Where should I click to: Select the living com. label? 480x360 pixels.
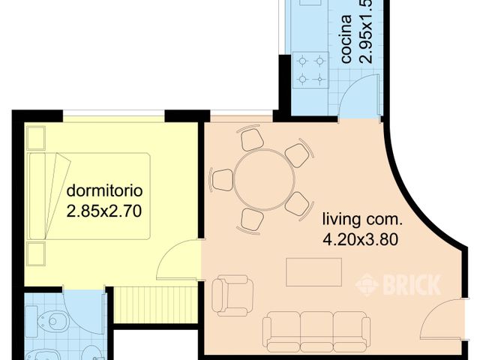(x=362, y=220)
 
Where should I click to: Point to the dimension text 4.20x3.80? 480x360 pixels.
(x=358, y=241)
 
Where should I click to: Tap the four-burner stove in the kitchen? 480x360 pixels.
(x=310, y=69)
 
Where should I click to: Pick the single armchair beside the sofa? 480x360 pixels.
(x=231, y=295)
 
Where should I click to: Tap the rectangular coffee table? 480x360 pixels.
(x=313, y=271)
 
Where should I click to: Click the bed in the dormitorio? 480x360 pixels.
(x=89, y=196)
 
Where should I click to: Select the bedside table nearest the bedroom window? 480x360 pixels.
(x=35, y=137)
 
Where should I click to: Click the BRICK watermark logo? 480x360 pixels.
(x=398, y=284)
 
